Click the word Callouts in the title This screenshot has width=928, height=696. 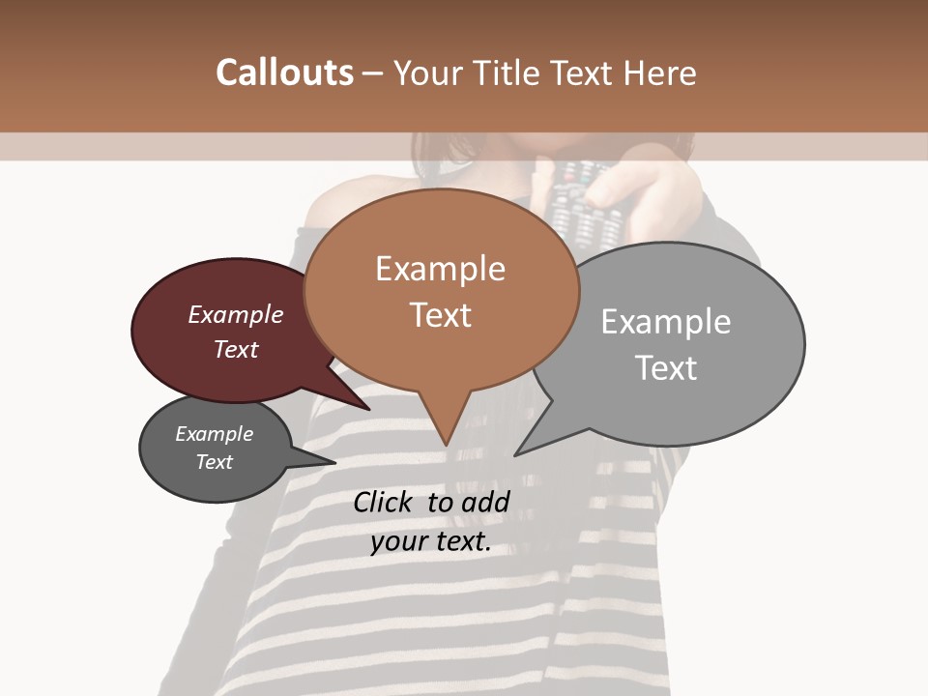(284, 72)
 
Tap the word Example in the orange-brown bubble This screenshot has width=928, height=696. (440, 269)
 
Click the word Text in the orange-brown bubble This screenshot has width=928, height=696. (440, 315)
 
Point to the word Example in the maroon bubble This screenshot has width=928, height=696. (235, 314)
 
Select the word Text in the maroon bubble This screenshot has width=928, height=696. (235, 349)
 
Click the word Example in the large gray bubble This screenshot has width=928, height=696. (665, 322)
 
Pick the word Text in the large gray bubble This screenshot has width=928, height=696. (665, 368)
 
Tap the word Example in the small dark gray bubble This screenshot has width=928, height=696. (214, 434)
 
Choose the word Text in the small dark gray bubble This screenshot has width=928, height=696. (214, 462)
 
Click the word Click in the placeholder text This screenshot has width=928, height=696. (384, 502)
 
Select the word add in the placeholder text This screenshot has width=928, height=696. (486, 502)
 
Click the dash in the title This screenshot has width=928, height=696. (373, 72)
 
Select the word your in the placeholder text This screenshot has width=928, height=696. (399, 541)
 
